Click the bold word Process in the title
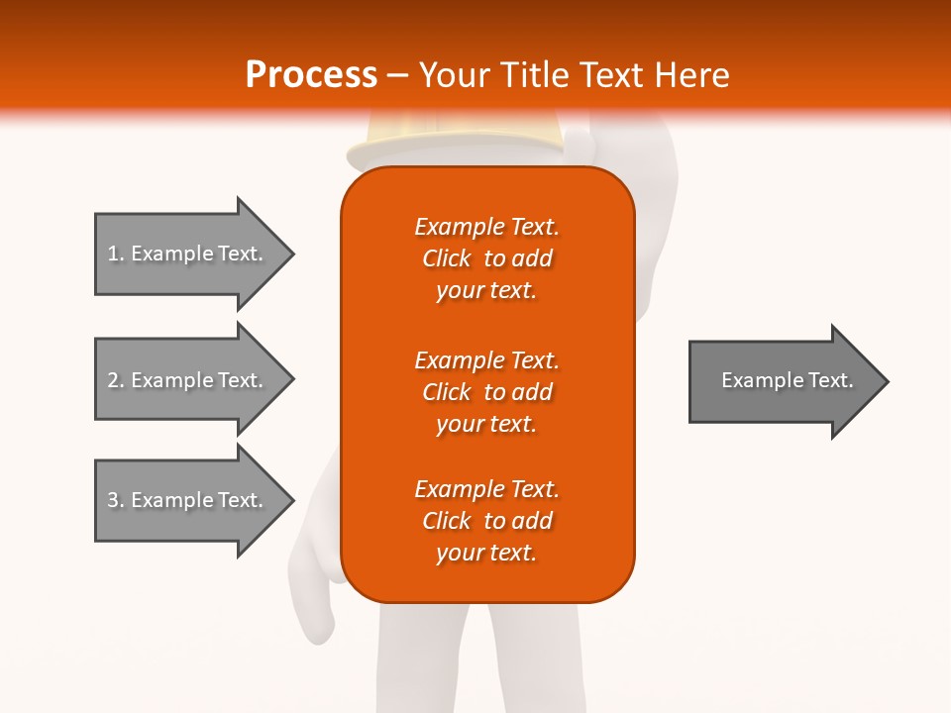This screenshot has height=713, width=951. [311, 75]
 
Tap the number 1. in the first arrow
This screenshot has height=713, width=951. [116, 254]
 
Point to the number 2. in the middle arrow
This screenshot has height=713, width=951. [116, 380]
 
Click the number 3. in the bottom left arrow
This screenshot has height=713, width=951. [116, 500]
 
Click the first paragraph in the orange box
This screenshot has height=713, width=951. [486, 258]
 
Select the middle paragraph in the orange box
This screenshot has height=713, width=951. [486, 392]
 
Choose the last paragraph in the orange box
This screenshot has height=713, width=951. [486, 521]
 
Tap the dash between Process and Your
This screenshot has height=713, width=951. [397, 75]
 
